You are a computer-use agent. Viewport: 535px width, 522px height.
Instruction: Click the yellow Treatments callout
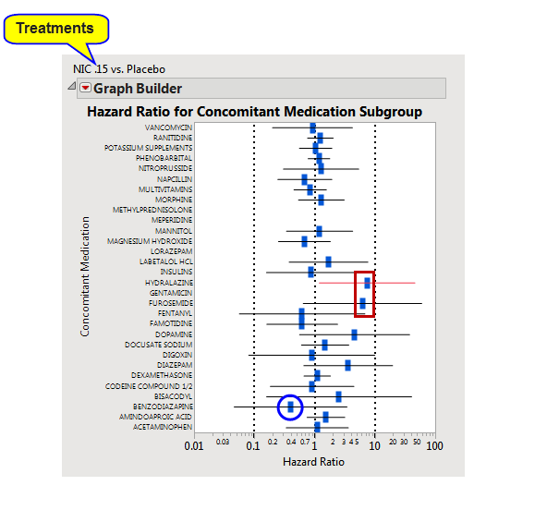coord(55,28)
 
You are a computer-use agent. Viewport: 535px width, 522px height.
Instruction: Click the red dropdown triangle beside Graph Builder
coord(85,89)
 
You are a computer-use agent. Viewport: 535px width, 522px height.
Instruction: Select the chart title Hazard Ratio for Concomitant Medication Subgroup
coord(254,112)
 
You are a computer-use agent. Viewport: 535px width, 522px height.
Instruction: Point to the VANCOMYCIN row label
coord(168,127)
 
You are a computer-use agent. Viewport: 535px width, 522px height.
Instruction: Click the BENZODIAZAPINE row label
coord(163,407)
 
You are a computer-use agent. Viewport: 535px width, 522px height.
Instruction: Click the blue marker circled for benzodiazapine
coord(290,407)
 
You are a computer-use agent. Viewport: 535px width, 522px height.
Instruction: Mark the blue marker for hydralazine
coord(367,282)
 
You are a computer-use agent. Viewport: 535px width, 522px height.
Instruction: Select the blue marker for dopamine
coord(354,334)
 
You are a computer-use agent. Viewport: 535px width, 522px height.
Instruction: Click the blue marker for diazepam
coord(347,365)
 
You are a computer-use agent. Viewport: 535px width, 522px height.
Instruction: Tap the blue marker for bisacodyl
coord(338,396)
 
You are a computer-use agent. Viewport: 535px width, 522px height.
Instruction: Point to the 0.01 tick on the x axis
coord(193,446)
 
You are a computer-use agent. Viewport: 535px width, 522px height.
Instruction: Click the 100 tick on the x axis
coord(434,446)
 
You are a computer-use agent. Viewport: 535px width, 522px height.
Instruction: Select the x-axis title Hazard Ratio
coord(313,461)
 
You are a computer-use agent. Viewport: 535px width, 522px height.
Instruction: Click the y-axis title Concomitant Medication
coord(85,276)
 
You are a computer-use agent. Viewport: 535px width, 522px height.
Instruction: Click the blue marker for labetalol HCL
coord(328,261)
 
